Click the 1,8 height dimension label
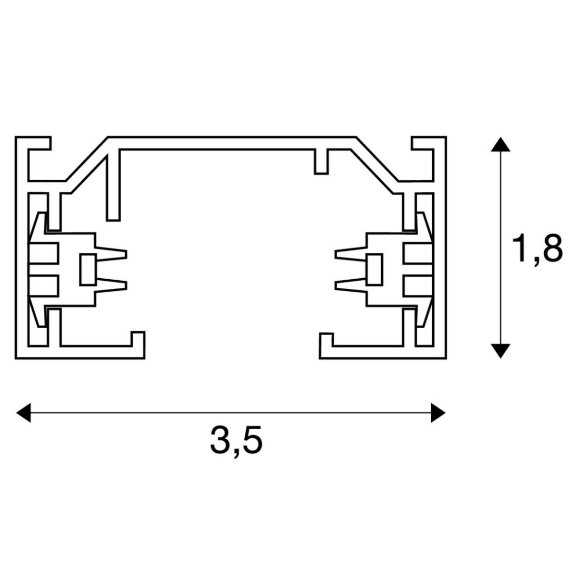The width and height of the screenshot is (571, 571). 537,249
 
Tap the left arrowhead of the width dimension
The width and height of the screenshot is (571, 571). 24,413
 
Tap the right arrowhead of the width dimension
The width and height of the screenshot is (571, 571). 438,413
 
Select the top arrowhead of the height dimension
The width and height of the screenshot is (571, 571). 501,144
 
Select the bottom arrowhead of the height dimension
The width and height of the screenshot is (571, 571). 501,351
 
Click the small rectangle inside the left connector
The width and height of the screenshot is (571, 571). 88,269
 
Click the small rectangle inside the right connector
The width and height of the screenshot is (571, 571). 374,269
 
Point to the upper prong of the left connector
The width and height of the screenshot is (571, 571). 111,254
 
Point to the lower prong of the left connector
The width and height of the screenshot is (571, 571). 111,285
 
